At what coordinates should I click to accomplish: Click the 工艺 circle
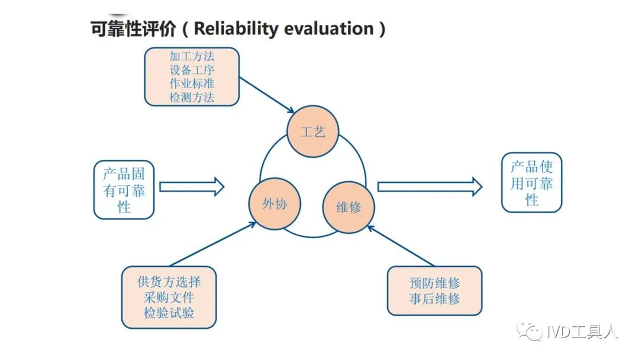coord(312,131)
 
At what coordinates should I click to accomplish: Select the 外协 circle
coord(275,204)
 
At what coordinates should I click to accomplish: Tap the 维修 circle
coord(348,207)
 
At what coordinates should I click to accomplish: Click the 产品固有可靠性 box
coord(124,190)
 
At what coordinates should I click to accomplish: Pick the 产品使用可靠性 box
coord(531,182)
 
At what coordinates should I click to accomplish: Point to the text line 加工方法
coord(192,56)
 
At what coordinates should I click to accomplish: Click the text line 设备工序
coord(192,70)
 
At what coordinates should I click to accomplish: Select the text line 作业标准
coord(192,83)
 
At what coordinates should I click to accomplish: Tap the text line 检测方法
coord(192,98)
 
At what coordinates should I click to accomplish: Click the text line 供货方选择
coord(169,282)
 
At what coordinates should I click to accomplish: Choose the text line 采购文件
coord(169,297)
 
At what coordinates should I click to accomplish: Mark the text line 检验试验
coord(169,313)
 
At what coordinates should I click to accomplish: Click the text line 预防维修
coord(434,283)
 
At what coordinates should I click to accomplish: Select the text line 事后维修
coord(434,299)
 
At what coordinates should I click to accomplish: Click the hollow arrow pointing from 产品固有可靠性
coord(192,187)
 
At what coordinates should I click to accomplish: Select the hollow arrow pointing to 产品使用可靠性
coord(430,187)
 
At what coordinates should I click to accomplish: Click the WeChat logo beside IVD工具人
coord(530,332)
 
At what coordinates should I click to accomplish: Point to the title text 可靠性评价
coord(133,29)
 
